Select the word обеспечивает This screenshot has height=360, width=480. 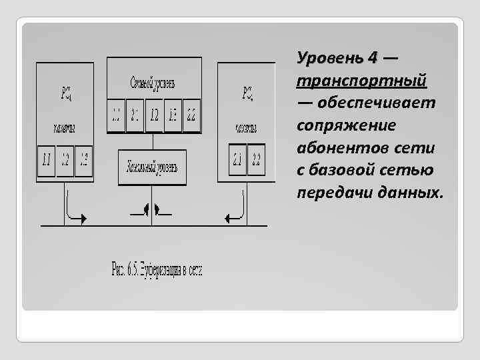(377, 103)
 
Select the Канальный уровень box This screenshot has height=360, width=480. (152, 167)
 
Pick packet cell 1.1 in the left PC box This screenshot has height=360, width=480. (47, 161)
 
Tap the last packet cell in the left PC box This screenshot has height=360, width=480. (83, 161)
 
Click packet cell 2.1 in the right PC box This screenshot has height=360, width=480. (237, 161)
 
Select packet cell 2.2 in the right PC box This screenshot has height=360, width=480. (257, 161)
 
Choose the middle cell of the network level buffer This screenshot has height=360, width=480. (153, 116)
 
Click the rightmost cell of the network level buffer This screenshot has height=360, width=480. (191, 116)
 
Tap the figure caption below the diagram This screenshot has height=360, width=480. (156, 270)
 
